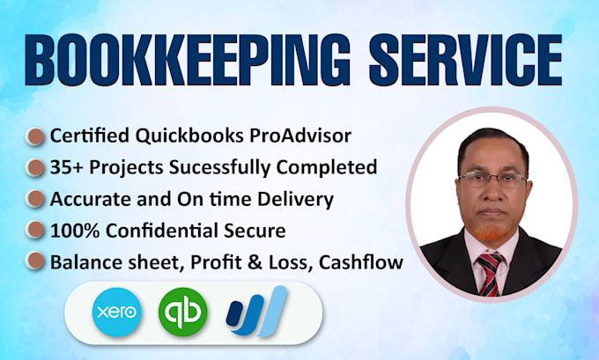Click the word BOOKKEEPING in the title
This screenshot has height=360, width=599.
coord(188,60)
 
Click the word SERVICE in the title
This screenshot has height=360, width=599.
coord(466,60)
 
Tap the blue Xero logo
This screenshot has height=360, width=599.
coord(117,312)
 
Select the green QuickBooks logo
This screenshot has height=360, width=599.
coord(183,312)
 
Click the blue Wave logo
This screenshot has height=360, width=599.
coord(256,312)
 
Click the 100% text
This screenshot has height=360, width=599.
coord(75,231)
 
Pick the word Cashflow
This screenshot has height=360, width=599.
coord(361,262)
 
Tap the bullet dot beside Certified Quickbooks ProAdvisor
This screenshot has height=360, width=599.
coord(35,136)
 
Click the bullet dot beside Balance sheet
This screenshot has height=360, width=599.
coord(35,261)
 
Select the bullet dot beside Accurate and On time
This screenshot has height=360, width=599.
coord(35,199)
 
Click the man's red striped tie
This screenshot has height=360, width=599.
coord(490,274)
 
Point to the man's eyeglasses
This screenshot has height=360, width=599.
coord(492,179)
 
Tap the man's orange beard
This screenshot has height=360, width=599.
coord(491,231)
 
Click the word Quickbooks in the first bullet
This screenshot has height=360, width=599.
coord(189,136)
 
